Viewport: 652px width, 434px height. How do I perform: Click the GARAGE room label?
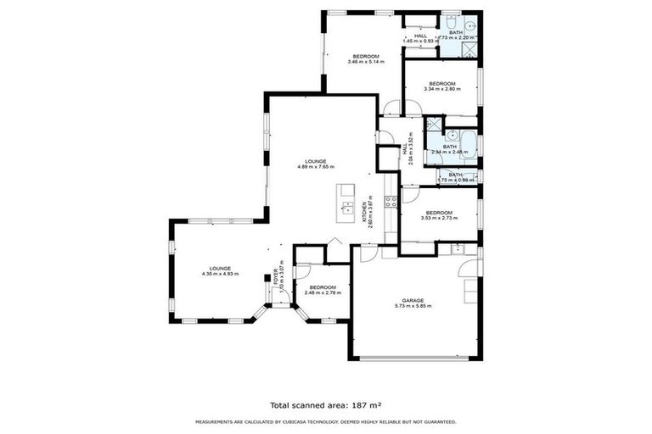pos(413,300)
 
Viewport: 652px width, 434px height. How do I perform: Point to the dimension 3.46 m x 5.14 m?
pos(363,62)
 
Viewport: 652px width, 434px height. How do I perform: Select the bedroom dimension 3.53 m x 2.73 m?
pos(439,218)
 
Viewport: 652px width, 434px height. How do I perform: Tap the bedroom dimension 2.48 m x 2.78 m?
pos(323,292)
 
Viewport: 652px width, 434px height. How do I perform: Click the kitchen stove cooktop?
pos(391,202)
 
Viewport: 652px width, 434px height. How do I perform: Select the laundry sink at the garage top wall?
pos(458,248)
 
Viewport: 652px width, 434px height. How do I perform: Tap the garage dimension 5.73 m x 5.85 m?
pos(413,306)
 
